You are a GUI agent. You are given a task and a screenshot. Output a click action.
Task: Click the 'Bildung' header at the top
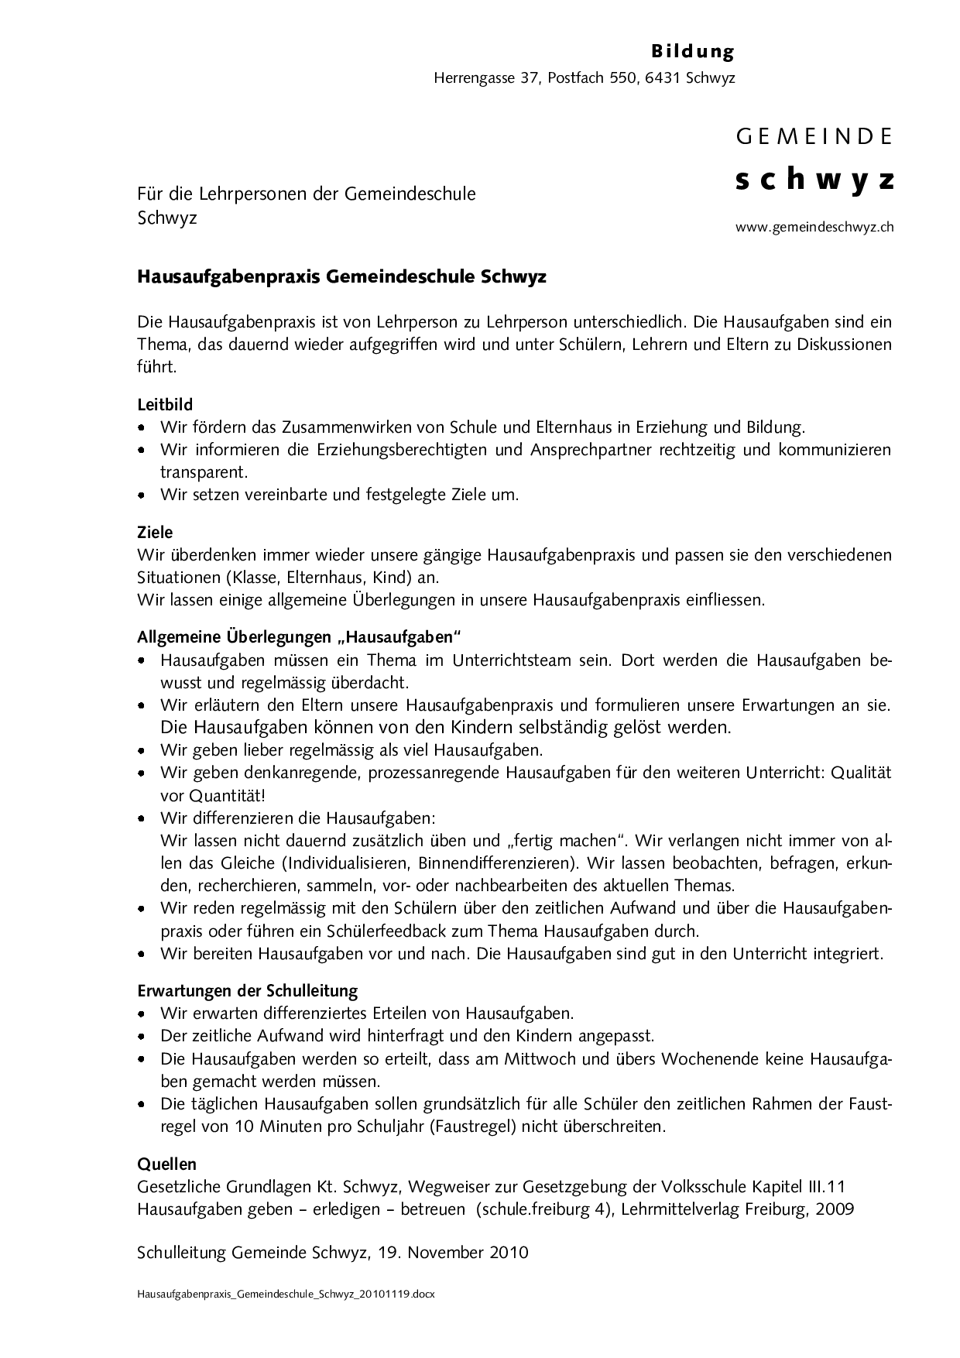pos(692,52)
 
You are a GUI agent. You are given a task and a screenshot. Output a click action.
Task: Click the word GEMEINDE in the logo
pos(814,137)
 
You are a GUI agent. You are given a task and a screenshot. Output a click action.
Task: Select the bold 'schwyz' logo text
pos(814,180)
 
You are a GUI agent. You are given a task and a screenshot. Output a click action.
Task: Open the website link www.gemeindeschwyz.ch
pos(814,228)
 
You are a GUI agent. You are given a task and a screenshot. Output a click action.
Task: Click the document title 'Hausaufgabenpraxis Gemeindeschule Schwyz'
pos(341,276)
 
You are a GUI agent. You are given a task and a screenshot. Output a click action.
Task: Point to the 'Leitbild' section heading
pos(165,404)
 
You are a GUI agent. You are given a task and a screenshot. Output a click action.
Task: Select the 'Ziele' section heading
pos(155,533)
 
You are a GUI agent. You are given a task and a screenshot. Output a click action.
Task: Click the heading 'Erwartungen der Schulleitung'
pos(248,990)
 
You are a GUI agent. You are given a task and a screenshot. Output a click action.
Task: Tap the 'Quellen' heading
pos(166,1164)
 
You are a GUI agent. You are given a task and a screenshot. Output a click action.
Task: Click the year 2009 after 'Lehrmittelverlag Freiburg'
pos(834,1209)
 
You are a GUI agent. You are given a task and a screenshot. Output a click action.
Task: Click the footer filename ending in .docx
pos(286,1294)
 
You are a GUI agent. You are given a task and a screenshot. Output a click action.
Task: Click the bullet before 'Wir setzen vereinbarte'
pos(142,494)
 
